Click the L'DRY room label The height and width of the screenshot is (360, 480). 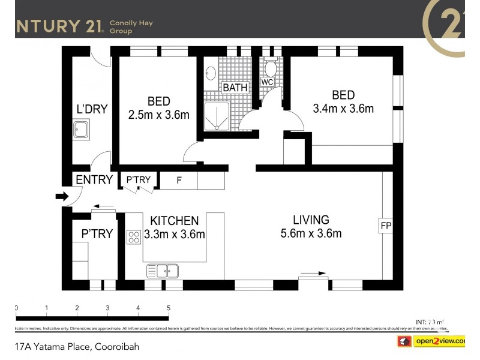92,109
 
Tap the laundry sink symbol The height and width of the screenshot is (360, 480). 81,130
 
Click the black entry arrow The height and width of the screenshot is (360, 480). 61,196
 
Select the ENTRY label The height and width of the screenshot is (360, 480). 94,180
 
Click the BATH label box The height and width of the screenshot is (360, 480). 235,88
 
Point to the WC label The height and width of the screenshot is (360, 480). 268,82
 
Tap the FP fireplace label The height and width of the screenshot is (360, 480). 385,226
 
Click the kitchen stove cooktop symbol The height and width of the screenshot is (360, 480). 133,236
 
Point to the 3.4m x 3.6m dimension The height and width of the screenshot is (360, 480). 343,109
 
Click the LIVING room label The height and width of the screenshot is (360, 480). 311,220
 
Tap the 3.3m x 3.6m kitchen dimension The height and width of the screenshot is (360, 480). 175,235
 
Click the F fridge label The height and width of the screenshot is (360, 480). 178,180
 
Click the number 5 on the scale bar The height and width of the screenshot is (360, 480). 169,308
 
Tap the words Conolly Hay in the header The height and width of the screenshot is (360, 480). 131,23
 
